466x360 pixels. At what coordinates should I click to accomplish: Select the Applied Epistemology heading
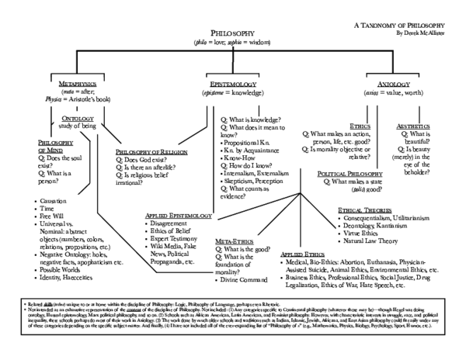click(179, 214)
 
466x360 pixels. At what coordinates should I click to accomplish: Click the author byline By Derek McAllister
click(429, 34)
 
